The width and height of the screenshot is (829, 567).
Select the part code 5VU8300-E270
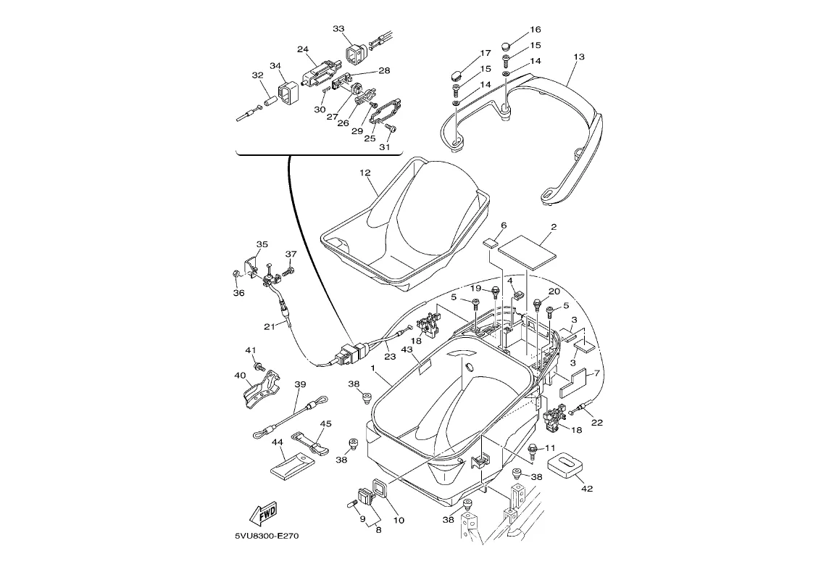click(266, 537)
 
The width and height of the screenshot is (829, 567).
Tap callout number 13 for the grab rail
click(578, 57)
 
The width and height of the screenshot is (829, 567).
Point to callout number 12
click(364, 173)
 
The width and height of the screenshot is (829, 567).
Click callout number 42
click(587, 489)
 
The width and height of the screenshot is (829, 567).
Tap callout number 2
click(553, 227)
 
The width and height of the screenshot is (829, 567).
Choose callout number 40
click(240, 376)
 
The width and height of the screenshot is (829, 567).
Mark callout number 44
click(278, 442)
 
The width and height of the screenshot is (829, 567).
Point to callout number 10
click(399, 520)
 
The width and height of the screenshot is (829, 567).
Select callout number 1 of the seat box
click(372, 368)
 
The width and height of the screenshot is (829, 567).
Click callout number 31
click(385, 147)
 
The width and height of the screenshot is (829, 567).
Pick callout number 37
click(291, 254)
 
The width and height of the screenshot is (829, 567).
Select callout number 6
click(504, 226)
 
